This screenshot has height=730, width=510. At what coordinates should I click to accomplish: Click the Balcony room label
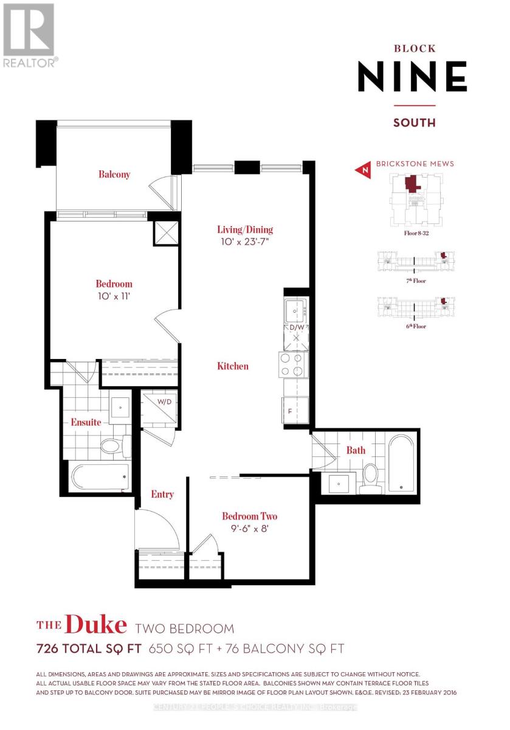pos(114,175)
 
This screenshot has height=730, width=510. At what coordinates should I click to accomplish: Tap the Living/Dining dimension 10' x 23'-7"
pos(245,242)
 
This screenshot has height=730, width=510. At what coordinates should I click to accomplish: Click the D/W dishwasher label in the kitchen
pos(297,327)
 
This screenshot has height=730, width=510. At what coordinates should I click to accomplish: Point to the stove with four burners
pos(294,364)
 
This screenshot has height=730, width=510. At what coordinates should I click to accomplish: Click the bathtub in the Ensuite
pos(101,476)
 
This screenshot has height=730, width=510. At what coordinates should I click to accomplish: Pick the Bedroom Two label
pos(249,516)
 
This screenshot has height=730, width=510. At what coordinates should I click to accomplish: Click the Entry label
pos(162,495)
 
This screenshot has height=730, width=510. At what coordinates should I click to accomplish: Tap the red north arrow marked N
pos(364,171)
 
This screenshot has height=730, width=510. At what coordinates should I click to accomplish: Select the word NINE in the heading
pos(412,77)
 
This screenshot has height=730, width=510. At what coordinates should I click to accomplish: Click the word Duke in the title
pos(95,625)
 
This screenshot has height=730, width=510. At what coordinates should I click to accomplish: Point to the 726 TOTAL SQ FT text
pos(89,649)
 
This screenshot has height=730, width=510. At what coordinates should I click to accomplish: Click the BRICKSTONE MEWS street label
pos(415,164)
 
